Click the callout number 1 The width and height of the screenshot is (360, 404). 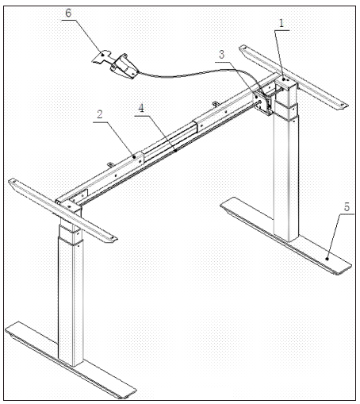(281, 23)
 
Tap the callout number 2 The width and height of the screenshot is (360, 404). (100, 114)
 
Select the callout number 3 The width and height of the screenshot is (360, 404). (221, 55)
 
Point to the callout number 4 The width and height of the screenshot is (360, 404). (141, 108)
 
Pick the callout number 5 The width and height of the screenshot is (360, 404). (347, 206)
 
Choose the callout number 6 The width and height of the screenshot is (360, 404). (68, 13)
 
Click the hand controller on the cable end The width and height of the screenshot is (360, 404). (124, 67)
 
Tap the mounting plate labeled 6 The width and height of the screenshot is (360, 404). (102, 56)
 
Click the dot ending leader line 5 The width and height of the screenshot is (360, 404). (327, 259)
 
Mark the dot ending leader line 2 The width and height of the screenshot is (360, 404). (134, 157)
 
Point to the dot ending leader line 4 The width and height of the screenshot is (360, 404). (176, 151)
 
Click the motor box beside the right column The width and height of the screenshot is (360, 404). (263, 102)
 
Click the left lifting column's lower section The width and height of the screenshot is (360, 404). (71, 302)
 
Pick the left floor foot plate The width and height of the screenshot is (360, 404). (71, 360)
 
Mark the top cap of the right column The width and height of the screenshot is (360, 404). (285, 79)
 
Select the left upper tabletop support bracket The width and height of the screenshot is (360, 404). (63, 210)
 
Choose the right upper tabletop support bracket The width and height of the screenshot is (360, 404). (293, 77)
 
